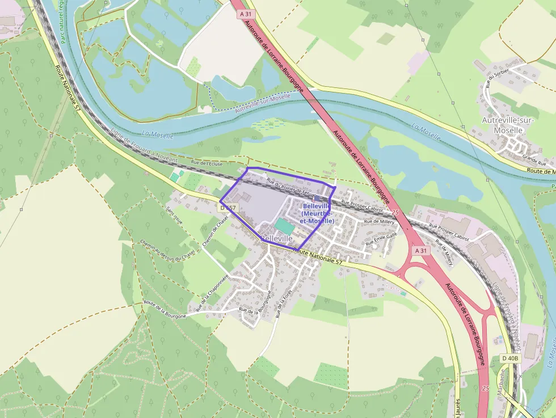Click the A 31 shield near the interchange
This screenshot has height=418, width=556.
point(420,250)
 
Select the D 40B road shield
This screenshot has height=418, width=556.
point(510,358)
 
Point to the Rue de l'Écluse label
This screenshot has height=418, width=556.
point(207,163)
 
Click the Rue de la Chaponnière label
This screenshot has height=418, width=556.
point(212,293)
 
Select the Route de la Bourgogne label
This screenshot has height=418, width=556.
point(165,309)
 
